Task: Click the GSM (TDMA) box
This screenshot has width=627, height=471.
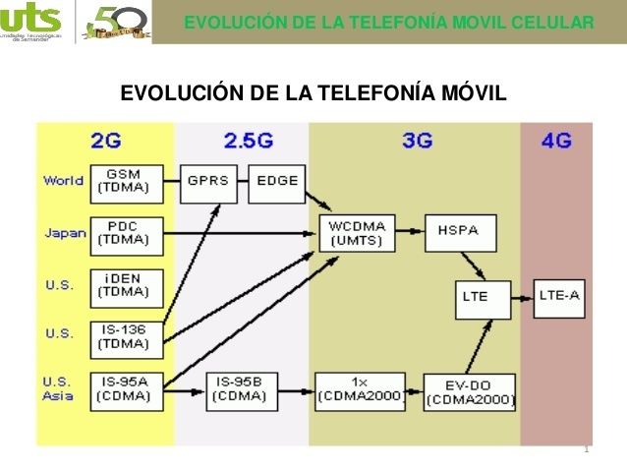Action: pyautogui.click(x=123, y=181)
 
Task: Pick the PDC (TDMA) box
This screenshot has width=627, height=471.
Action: pyautogui.click(x=123, y=233)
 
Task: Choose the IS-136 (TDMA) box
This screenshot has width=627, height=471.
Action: pyautogui.click(x=123, y=336)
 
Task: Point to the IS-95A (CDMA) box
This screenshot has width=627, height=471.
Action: pyautogui.click(x=123, y=389)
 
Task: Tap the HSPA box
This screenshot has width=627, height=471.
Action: pyautogui.click(x=458, y=233)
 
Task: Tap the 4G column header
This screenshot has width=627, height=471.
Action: pyautogui.click(x=555, y=142)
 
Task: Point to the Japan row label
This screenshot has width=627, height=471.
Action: pyautogui.click(x=65, y=233)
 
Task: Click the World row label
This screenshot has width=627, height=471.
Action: pyautogui.click(x=63, y=181)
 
